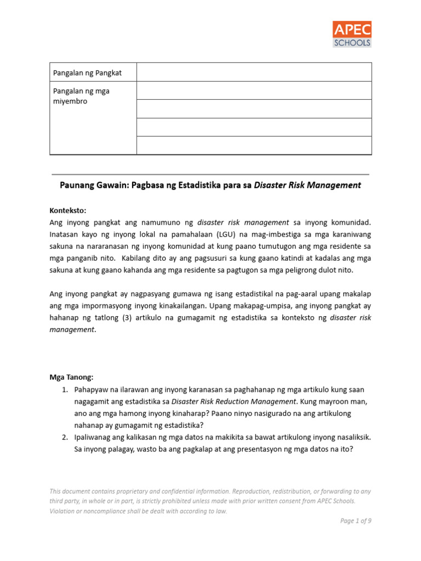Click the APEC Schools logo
[x=352, y=34]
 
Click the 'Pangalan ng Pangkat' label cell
[x=87, y=73]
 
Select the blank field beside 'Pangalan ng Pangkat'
[x=254, y=72]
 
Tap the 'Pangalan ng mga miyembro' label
[x=81, y=96]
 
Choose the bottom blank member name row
[x=254, y=146]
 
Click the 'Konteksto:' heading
[x=68, y=210]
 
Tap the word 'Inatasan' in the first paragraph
[x=65, y=234]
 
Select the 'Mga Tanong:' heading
[x=72, y=377]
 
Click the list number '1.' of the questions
[x=64, y=389]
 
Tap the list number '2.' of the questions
[x=64, y=437]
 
